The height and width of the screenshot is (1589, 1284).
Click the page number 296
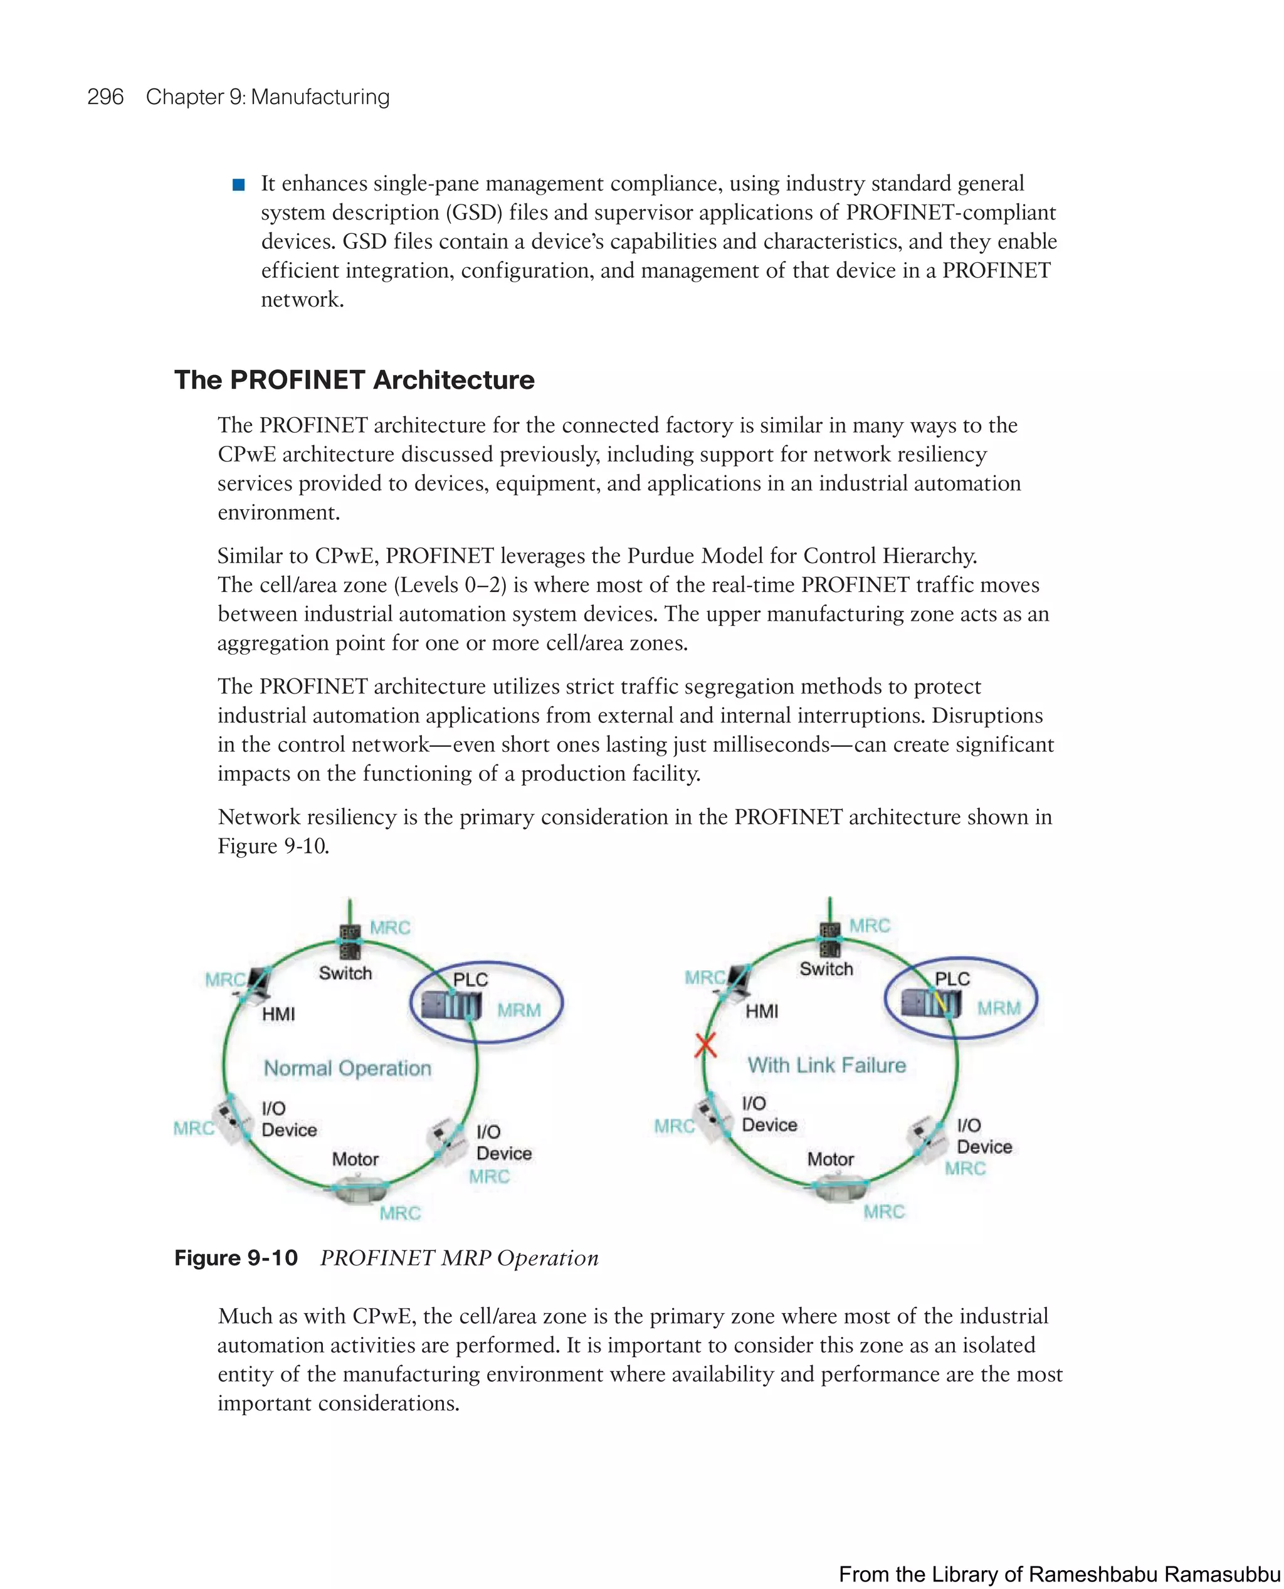click(x=105, y=97)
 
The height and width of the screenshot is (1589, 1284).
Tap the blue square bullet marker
click(x=238, y=185)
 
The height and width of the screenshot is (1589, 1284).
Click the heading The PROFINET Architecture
click(x=354, y=379)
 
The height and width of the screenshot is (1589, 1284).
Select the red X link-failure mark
click(x=705, y=1045)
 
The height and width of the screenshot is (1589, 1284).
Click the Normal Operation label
click(x=347, y=1068)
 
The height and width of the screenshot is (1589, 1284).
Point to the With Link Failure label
click(x=826, y=1065)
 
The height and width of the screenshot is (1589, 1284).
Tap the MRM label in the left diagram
click(x=518, y=1010)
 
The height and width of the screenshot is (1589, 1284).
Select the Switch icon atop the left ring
click(x=349, y=942)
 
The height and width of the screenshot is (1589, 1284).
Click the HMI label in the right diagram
click(x=761, y=1011)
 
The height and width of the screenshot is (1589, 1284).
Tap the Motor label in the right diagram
click(x=830, y=1159)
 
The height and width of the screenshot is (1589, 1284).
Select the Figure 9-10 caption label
click(x=235, y=1257)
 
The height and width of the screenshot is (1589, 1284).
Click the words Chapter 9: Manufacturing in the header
click(x=267, y=97)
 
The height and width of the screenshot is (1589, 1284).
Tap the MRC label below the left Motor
click(x=399, y=1213)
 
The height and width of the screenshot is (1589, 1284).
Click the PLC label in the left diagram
click(x=470, y=979)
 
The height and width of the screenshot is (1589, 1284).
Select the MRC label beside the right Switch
click(x=869, y=926)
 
